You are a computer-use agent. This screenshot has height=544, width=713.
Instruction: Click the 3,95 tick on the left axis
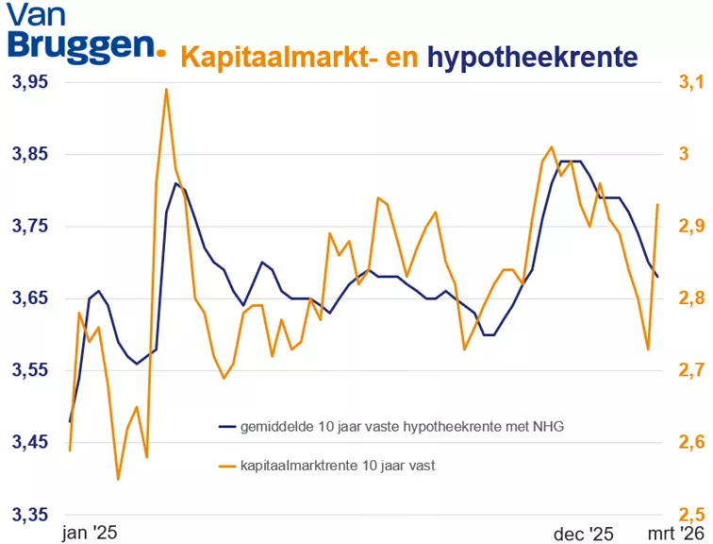[28, 82]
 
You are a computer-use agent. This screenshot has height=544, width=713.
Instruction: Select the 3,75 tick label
[28, 227]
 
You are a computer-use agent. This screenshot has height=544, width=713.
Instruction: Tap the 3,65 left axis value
[28, 298]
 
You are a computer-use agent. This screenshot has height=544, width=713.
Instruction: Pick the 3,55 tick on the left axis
[28, 370]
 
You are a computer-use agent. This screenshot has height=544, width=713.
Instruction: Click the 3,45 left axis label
[28, 442]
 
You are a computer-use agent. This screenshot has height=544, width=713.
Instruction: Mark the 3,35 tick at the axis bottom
[28, 515]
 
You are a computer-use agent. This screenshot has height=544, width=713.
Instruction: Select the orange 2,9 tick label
[689, 227]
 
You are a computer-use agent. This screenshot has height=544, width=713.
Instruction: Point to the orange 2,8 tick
[689, 298]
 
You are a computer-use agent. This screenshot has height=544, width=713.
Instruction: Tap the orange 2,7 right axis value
[689, 370]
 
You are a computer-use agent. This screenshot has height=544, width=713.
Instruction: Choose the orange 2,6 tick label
[689, 442]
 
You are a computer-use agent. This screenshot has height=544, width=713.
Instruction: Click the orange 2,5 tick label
[689, 515]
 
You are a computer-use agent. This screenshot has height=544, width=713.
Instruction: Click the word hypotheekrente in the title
[532, 58]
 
